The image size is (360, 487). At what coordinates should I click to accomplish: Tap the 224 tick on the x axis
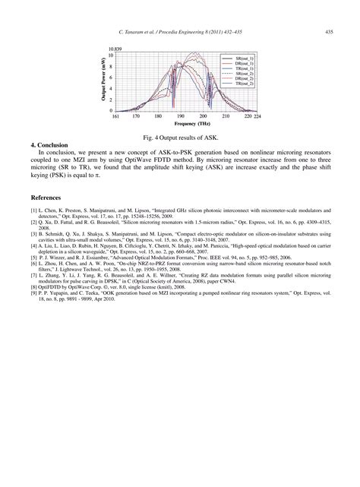point(257,117)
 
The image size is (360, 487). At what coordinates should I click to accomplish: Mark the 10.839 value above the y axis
point(115,49)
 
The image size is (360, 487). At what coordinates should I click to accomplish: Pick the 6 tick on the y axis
point(112,77)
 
